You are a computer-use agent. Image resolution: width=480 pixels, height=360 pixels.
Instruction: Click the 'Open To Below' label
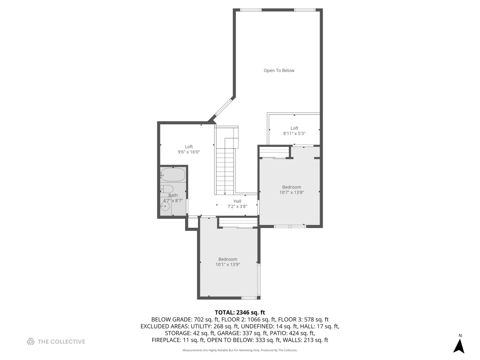coord(279,70)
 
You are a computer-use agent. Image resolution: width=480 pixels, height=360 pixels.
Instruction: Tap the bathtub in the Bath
coord(173,174)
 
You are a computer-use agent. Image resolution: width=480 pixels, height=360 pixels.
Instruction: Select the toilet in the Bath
coord(167,189)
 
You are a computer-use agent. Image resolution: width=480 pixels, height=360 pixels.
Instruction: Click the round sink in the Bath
coord(165,206)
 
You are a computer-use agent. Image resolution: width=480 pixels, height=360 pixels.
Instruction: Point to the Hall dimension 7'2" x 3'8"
coord(237,206)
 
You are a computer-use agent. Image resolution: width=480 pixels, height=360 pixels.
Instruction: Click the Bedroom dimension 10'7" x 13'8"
coord(291,192)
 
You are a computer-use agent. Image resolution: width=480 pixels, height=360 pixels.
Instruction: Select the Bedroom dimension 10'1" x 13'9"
coord(228,265)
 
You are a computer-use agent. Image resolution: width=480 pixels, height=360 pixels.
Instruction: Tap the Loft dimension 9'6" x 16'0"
coord(189,152)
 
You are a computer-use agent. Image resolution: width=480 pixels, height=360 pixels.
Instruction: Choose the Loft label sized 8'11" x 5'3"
coord(294,128)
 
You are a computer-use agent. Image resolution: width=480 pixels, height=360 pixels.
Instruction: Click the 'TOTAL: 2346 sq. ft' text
coord(240,312)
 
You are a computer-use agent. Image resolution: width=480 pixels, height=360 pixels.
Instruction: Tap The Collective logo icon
coord(31,341)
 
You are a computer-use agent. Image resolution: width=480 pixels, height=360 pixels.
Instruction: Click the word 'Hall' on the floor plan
coord(237,201)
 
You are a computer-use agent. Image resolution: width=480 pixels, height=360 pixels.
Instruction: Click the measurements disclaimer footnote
coord(240,350)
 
